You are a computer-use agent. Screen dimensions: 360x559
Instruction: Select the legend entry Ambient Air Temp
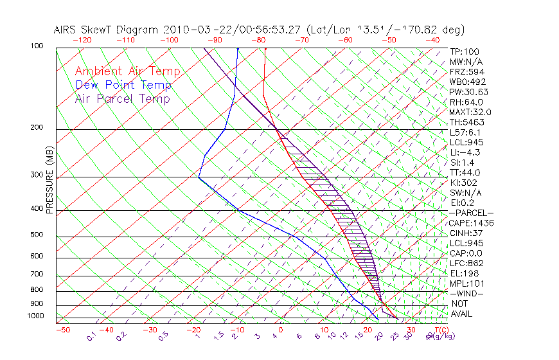127,71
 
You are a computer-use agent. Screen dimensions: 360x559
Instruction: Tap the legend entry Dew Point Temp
123,85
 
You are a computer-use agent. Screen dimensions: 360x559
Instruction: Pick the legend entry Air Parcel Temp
122,98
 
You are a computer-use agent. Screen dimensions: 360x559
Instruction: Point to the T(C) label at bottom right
439,330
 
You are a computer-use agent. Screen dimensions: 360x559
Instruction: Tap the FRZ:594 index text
464,72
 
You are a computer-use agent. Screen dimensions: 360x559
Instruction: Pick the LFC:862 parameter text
464,264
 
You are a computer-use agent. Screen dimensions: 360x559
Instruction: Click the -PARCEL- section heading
471,213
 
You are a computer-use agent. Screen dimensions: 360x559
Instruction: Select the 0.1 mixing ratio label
91,336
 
